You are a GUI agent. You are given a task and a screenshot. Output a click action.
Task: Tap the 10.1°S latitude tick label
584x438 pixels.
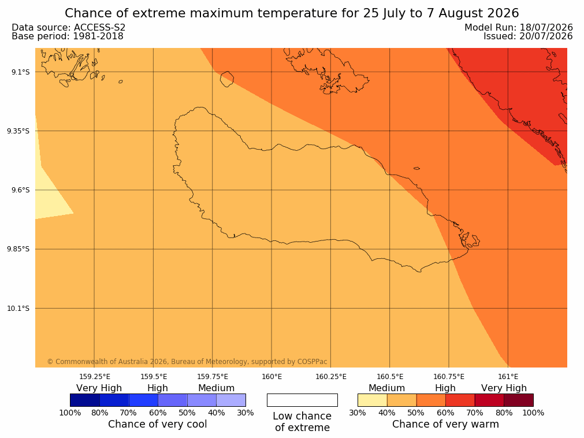tap(18, 309)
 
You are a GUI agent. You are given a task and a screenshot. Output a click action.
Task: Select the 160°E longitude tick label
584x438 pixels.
tap(271, 377)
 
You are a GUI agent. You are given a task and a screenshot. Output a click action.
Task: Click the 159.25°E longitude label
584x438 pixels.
tap(95, 377)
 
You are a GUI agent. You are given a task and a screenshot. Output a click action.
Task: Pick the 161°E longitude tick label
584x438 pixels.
tap(508, 377)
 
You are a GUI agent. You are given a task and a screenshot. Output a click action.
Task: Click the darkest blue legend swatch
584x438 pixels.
tap(85, 400)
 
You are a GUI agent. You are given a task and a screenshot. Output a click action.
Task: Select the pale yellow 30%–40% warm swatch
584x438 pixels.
tap(373, 400)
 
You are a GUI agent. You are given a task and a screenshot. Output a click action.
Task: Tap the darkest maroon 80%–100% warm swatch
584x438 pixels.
tap(519, 400)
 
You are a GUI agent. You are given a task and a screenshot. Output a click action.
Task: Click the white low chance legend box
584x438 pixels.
tap(302, 400)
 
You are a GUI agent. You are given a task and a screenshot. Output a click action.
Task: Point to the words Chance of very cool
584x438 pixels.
tap(158, 424)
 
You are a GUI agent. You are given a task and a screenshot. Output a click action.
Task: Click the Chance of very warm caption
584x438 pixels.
tap(445, 424)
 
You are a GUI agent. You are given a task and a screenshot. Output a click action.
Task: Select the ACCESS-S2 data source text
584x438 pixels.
tap(100, 28)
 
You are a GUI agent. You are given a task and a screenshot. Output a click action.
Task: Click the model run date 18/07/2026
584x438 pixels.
tap(546, 28)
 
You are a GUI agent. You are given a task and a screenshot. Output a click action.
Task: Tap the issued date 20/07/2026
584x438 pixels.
tap(546, 36)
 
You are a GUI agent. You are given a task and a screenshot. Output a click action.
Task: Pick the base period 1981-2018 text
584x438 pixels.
tap(98, 36)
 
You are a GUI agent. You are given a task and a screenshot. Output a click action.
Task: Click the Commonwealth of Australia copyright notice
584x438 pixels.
tap(187, 362)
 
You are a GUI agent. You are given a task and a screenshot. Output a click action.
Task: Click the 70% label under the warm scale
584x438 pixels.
tap(475, 413)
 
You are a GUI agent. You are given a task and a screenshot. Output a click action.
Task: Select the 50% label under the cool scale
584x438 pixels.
tap(187, 413)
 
